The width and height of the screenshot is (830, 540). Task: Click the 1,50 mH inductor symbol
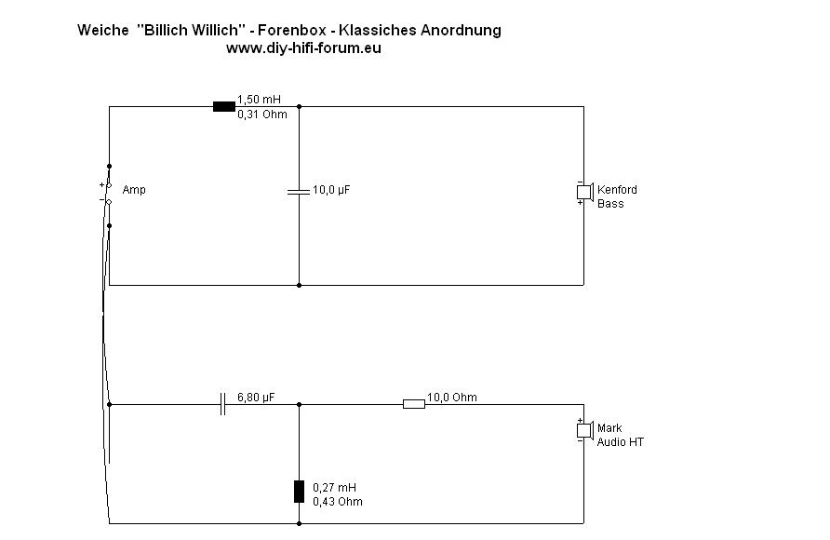pyautogui.click(x=223, y=106)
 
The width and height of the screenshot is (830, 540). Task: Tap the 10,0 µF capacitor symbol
pyautogui.click(x=299, y=191)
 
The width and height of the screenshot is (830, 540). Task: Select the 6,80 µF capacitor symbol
pyautogui.click(x=222, y=404)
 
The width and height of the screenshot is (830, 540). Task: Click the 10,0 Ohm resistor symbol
pyautogui.click(x=413, y=404)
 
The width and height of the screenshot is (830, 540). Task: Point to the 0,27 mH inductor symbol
pyautogui.click(x=299, y=492)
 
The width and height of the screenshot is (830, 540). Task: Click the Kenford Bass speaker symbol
pyautogui.click(x=583, y=192)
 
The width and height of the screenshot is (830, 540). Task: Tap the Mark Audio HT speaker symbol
pyautogui.click(x=583, y=430)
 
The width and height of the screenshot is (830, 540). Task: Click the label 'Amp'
pyautogui.click(x=134, y=190)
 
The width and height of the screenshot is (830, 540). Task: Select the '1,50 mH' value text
pyautogui.click(x=259, y=99)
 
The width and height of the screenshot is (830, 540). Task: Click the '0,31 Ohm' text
pyautogui.click(x=262, y=115)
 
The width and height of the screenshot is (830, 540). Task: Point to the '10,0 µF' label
pyautogui.click(x=331, y=190)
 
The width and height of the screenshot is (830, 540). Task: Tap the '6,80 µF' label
pyautogui.click(x=256, y=398)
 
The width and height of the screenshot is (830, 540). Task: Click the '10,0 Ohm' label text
pyautogui.click(x=451, y=398)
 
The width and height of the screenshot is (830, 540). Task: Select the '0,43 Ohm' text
pyautogui.click(x=338, y=502)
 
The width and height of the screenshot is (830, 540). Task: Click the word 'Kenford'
pyautogui.click(x=617, y=190)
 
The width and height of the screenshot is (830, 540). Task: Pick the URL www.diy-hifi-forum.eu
pyautogui.click(x=303, y=48)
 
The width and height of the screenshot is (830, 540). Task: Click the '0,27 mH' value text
pyautogui.click(x=334, y=488)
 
